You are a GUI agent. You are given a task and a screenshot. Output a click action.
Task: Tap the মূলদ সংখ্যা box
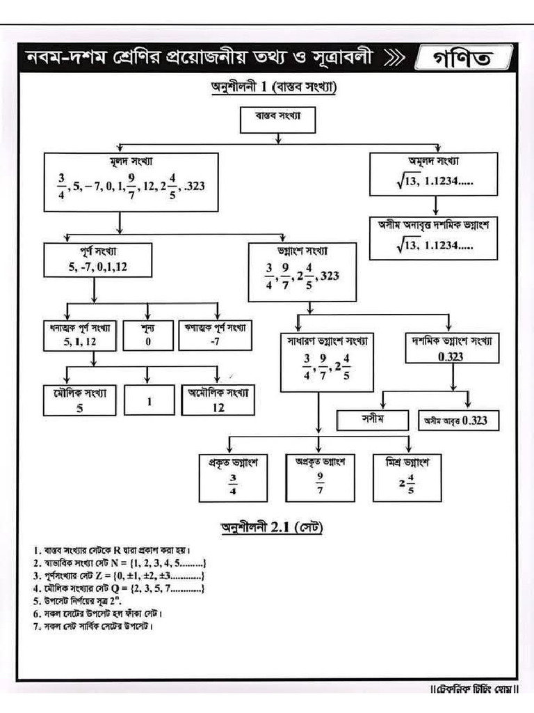[x=131, y=182]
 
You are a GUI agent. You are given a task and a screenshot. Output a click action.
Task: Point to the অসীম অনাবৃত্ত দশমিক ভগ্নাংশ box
[x=435, y=235]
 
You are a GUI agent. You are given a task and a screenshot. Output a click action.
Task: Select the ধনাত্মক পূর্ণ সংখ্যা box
[x=81, y=334]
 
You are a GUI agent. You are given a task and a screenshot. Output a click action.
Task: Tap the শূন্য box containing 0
[x=147, y=334]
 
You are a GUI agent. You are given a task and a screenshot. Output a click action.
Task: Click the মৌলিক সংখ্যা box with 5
[x=79, y=401]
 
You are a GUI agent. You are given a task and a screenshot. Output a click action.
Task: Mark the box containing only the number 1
[x=149, y=401]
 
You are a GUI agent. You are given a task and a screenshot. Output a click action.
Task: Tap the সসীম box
[x=372, y=420]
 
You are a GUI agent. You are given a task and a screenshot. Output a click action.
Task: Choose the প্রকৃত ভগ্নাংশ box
[x=233, y=477]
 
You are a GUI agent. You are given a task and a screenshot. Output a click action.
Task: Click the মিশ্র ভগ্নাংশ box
[x=407, y=477]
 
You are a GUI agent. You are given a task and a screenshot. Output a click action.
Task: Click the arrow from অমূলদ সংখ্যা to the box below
[x=435, y=204]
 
